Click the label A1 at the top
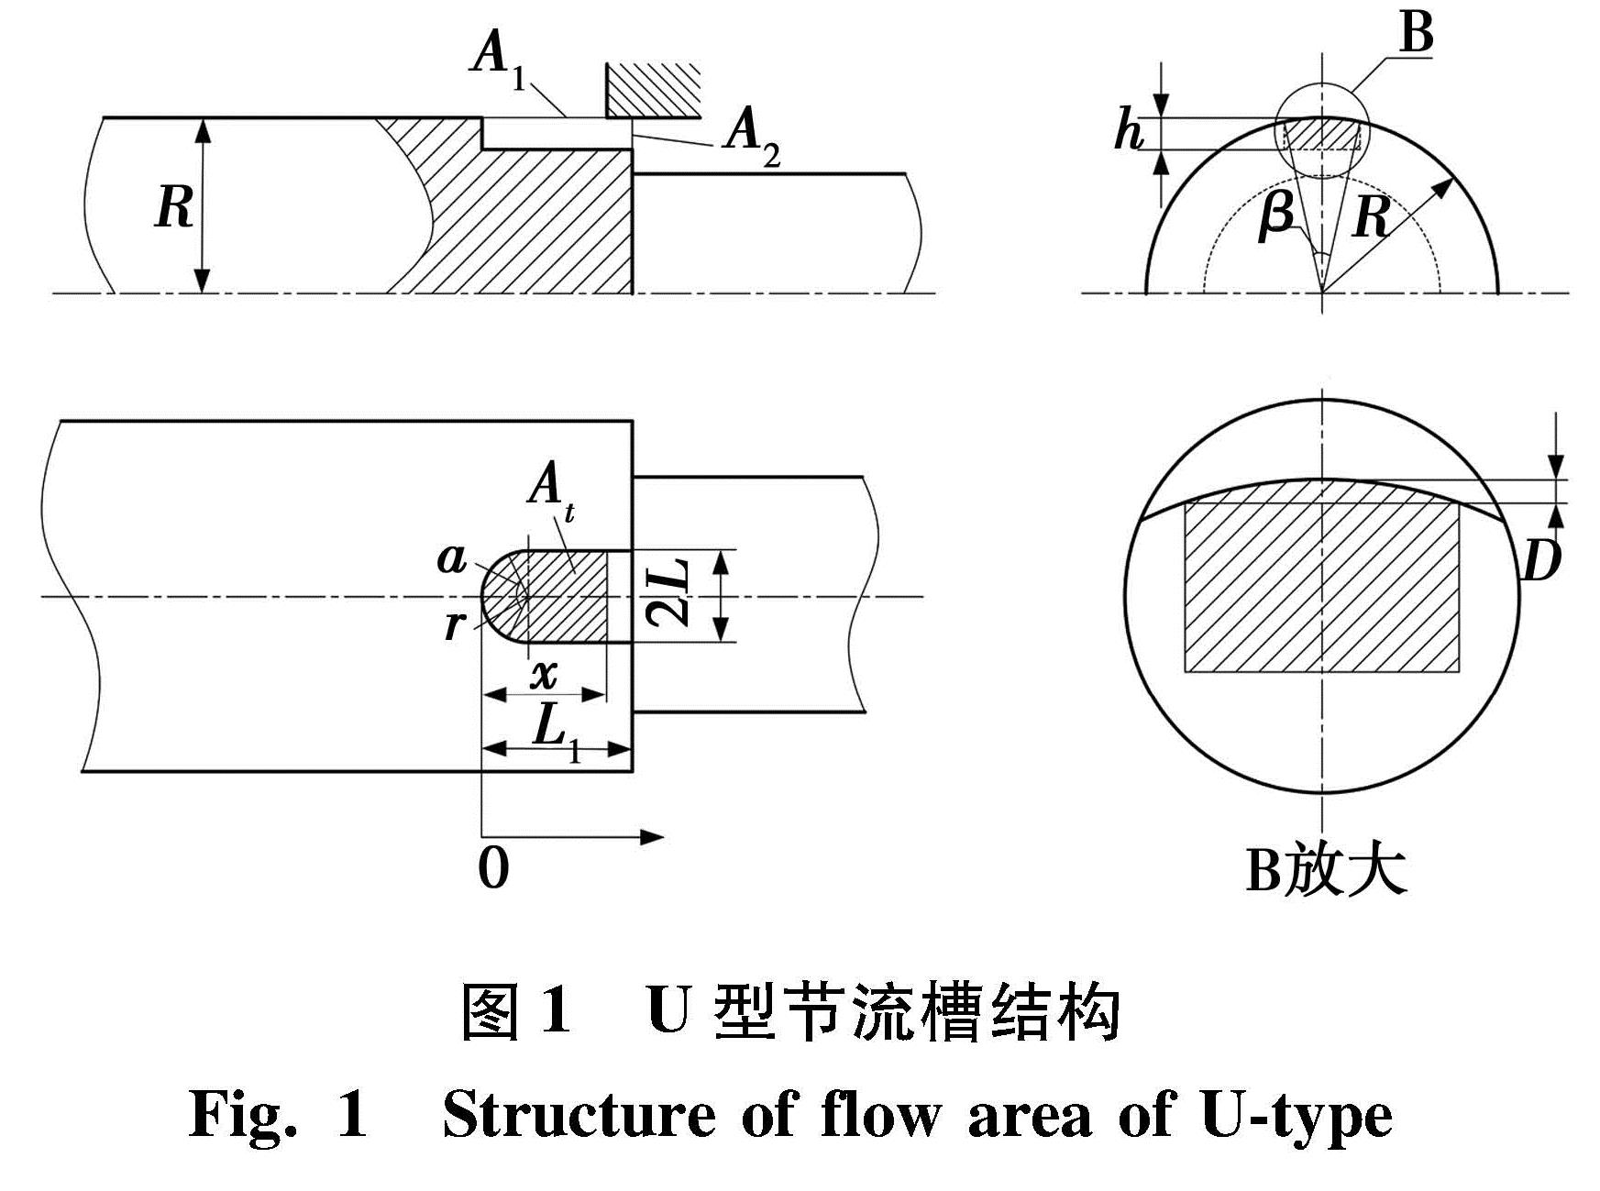tap(497, 59)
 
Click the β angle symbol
tap(1276, 218)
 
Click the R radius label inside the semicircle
tap(1370, 217)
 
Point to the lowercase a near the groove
tap(451, 557)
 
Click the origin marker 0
tap(493, 867)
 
